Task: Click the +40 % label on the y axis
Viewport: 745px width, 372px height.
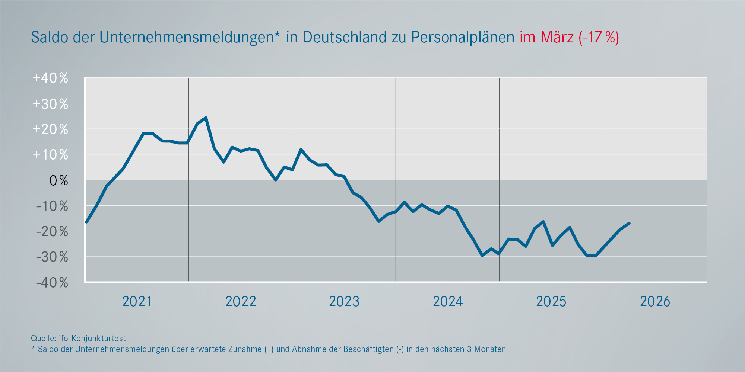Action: click(x=51, y=78)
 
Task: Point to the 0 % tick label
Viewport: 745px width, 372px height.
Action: click(x=58, y=181)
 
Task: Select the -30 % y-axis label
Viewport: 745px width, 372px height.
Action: click(x=52, y=257)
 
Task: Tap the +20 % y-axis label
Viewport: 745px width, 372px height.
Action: click(x=51, y=129)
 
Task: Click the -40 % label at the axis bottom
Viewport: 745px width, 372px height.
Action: click(x=52, y=283)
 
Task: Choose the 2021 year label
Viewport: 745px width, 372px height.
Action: click(x=137, y=302)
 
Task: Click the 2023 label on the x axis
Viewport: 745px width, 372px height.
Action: click(x=344, y=302)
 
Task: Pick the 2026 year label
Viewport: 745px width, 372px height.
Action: click(x=655, y=302)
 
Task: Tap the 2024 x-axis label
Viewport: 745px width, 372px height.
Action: click(x=448, y=302)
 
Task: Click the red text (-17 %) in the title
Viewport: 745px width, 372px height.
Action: click(x=599, y=37)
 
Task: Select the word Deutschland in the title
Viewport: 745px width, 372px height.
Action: click(x=345, y=37)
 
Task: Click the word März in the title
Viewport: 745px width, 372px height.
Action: click(x=557, y=37)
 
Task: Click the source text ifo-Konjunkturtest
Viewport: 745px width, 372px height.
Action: click(x=92, y=338)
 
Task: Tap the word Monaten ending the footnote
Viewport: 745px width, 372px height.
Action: click(x=490, y=349)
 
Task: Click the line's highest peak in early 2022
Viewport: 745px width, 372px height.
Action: click(x=206, y=118)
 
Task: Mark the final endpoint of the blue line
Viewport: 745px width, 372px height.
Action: click(x=629, y=223)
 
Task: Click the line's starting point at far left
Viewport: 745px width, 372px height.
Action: click(x=86, y=222)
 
